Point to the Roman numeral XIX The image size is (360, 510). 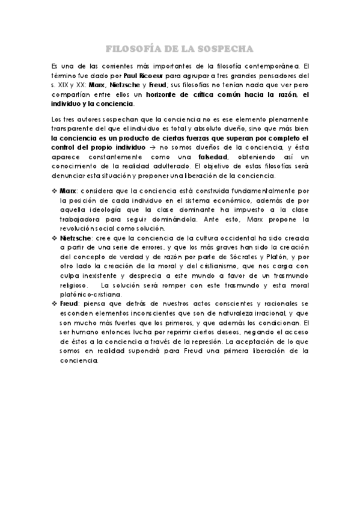point(61,85)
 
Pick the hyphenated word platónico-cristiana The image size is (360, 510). point(90,295)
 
